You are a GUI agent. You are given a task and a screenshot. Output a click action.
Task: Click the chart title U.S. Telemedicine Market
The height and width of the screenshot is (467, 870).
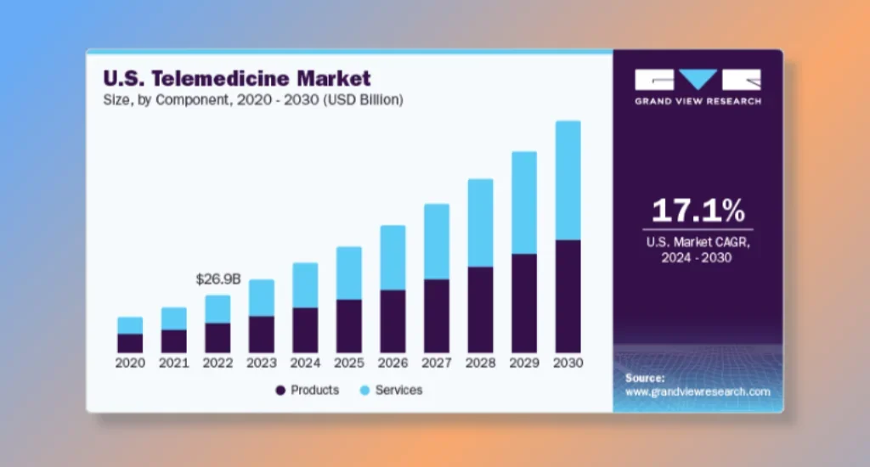pos(237,79)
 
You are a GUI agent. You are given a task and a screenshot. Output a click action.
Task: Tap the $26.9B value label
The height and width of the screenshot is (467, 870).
pos(218,279)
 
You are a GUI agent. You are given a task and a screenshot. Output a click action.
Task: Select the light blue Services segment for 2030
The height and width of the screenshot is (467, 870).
pos(568,180)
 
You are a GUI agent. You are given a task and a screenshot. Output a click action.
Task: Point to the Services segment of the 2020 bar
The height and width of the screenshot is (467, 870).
pos(130,325)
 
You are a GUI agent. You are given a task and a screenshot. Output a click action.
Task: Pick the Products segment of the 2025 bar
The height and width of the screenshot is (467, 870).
pos(349,325)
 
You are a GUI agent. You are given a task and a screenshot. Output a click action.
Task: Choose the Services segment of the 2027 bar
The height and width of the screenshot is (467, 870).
pos(437,241)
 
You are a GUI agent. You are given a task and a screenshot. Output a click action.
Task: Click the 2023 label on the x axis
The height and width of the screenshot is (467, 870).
pos(262,363)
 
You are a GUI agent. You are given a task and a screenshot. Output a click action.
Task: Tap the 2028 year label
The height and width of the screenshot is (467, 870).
pos(480,363)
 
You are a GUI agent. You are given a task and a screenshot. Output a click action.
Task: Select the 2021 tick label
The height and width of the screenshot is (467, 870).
pos(174,363)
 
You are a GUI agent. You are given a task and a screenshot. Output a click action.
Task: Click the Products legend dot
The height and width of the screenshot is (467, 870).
pos(280,391)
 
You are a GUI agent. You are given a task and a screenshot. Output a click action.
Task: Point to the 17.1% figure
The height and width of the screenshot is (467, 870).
pos(698,211)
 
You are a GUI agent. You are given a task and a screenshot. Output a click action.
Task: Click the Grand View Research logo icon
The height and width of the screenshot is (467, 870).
pos(698,80)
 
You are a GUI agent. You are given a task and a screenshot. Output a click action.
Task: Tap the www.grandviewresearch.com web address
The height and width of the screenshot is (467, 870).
pos(698,392)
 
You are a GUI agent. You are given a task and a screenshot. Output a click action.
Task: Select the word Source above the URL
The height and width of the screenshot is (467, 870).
pos(645,378)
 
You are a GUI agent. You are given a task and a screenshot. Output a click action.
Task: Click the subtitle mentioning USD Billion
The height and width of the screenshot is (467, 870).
pos(253,100)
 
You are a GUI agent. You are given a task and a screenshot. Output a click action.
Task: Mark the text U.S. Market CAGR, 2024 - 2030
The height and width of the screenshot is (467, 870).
pos(698,250)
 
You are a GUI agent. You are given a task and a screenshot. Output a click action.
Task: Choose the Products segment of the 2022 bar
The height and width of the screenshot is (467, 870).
pos(217,337)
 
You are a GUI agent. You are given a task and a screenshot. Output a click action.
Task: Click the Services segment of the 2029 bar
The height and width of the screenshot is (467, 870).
pos(524,202)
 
